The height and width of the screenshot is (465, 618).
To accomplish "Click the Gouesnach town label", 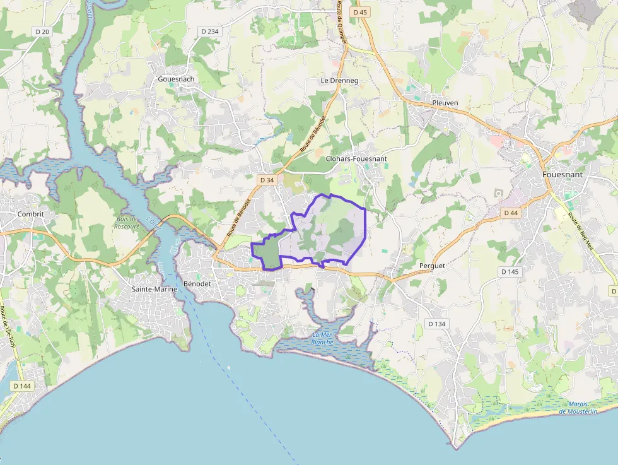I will tap(176, 79).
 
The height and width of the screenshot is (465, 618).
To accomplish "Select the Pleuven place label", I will tap(445, 103).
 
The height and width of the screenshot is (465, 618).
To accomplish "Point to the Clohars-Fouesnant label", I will tap(356, 160).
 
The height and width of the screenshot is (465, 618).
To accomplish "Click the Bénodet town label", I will tap(198, 284).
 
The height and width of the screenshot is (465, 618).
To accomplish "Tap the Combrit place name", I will tap(31, 214).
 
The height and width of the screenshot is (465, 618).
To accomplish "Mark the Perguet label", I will tap(432, 266).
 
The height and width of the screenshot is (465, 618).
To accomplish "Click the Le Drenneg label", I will tap(339, 81).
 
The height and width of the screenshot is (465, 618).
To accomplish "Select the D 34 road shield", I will tap(267, 180).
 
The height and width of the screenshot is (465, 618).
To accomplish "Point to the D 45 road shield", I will tap(360, 12).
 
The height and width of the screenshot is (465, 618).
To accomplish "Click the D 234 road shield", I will tap(209, 31).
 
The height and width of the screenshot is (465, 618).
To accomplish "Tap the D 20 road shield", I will tap(41, 31).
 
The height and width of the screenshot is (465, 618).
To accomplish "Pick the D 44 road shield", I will tap(511, 213).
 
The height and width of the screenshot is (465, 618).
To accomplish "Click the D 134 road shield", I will tap(436, 324).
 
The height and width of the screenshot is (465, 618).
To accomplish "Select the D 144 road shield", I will tap(21, 386).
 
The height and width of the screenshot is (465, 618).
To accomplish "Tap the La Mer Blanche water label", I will tap(323, 338).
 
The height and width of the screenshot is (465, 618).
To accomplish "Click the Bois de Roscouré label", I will tap(127, 223).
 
